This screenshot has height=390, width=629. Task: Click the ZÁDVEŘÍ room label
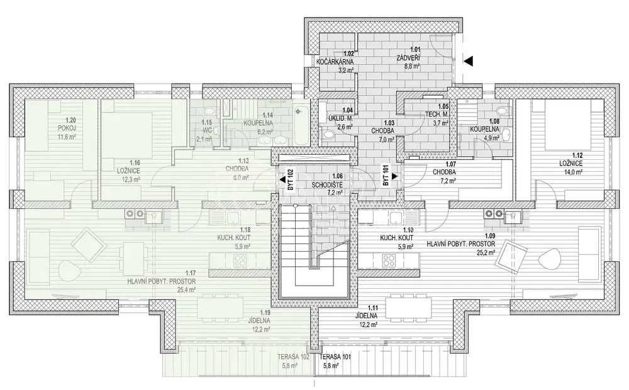tap(408, 58)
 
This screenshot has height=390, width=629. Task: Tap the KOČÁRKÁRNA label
tap(335, 62)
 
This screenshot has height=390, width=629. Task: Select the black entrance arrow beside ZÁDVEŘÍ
tap(469, 60)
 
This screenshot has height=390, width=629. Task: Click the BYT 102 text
tap(291, 179)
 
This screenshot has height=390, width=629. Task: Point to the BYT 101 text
tap(386, 175)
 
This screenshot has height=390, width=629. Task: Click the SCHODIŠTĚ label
tap(327, 185)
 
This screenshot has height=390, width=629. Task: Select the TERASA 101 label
tap(335, 357)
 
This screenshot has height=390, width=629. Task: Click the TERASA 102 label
tap(293, 357)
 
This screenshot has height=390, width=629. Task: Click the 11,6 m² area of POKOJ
tap(67, 136)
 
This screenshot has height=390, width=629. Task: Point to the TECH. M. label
tap(437, 114)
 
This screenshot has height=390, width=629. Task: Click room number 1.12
tap(577, 155)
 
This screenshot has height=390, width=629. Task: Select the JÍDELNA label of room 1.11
tap(366, 316)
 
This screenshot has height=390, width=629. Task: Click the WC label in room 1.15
tap(206, 130)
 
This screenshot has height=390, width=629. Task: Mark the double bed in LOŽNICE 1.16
tap(127, 135)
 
